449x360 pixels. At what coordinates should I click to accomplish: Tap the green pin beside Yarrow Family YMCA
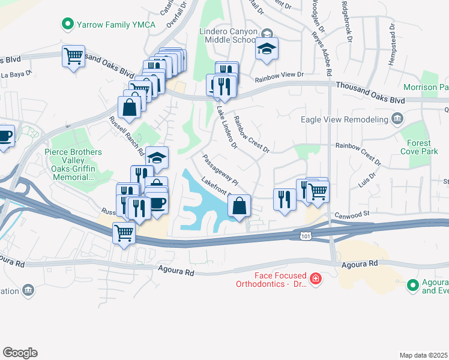(68, 25)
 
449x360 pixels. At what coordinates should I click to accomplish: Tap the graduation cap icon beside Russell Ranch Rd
(157, 158)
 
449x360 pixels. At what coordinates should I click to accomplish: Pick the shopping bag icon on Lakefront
(240, 206)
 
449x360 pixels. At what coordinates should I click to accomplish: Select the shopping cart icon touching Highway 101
(124, 232)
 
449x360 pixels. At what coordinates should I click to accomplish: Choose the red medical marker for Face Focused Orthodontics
(315, 278)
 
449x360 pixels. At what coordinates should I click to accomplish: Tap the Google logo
(20, 353)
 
